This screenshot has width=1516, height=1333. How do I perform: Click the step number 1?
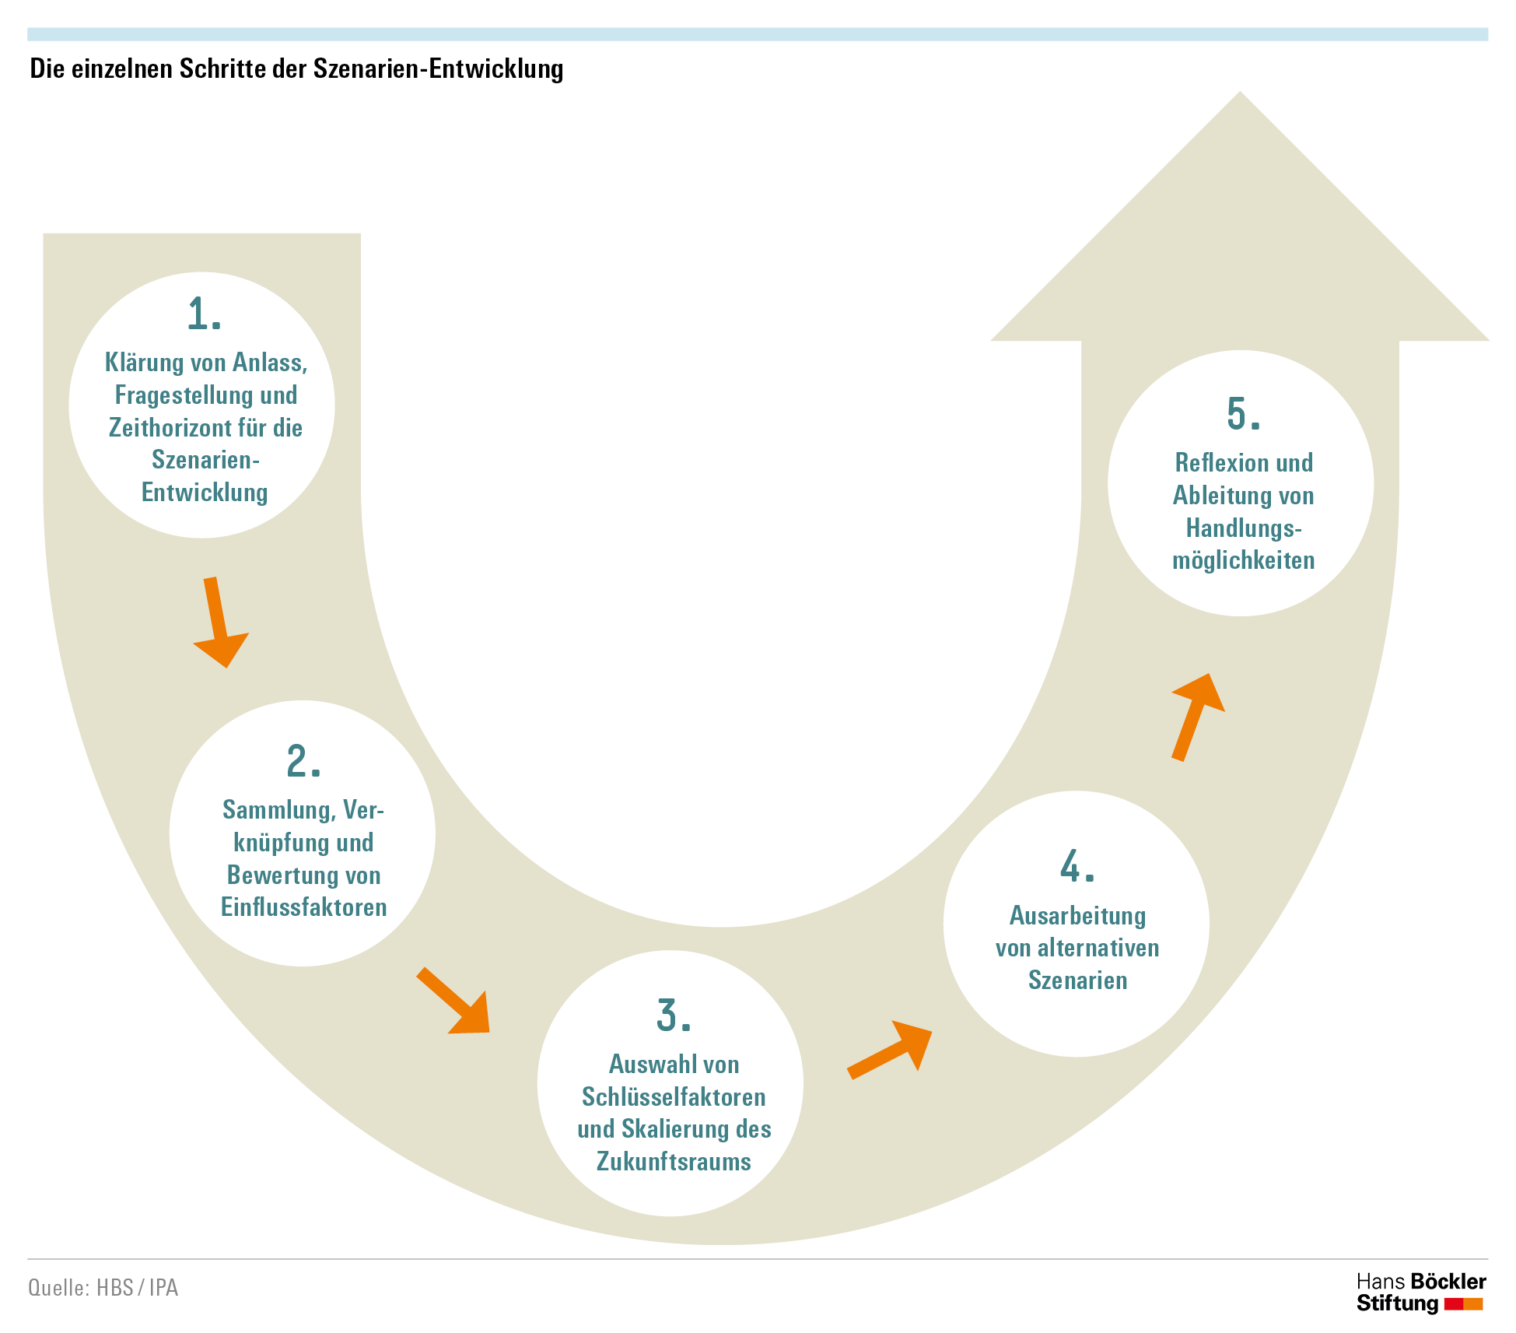coord(205,314)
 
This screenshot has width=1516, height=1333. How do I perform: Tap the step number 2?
coord(303,761)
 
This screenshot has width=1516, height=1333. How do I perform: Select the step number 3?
coord(674,1016)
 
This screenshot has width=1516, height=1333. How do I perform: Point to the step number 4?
coord(1077,866)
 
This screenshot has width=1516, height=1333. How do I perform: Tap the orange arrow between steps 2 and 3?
coord(453,1001)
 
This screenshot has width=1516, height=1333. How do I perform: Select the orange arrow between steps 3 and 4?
coord(890,1050)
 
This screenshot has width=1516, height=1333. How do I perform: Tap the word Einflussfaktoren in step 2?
coord(303,907)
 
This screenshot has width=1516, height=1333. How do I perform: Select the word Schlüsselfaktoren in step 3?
coord(674,1097)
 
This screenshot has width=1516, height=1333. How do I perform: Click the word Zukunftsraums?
coord(674,1162)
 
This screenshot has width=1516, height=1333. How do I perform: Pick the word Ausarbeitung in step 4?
coord(1077,916)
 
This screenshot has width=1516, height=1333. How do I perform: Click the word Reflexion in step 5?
coord(1216,463)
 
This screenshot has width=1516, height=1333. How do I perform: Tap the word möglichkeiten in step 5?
coord(1243,560)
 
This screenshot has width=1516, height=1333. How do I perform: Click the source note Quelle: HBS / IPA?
coord(103,1288)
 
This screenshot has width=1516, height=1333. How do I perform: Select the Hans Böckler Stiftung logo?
coord(1421,1293)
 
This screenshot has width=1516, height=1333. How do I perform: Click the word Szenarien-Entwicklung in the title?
coord(438,69)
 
